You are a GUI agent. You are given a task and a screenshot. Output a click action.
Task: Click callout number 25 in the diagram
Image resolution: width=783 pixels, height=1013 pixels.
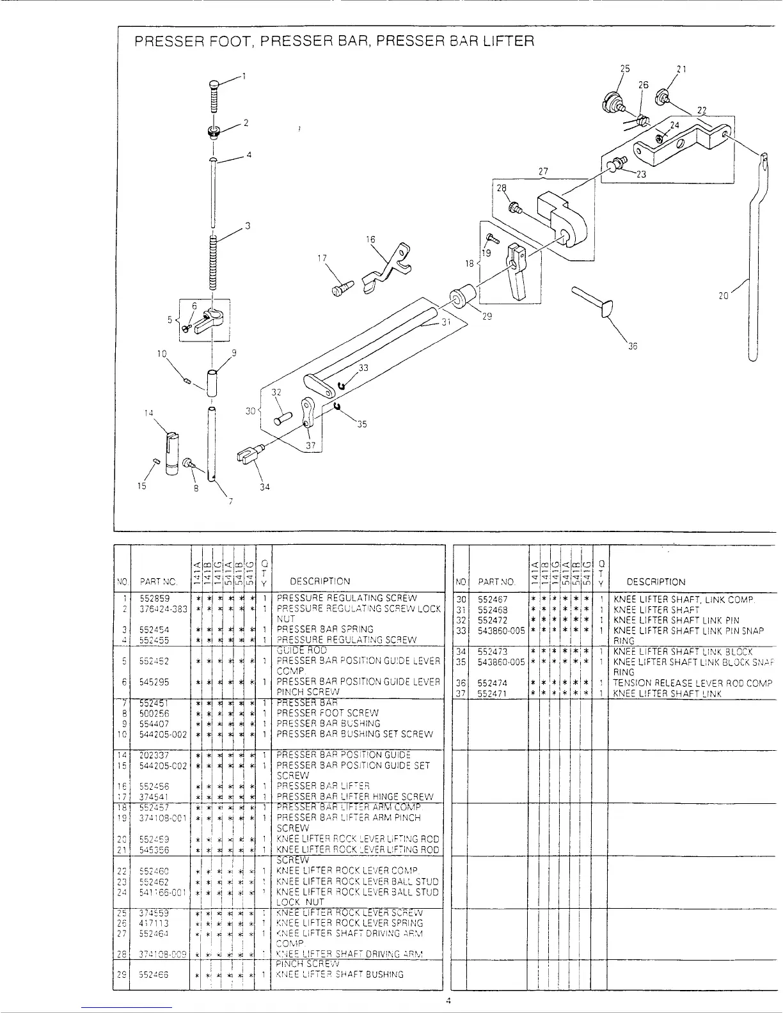pos(625,69)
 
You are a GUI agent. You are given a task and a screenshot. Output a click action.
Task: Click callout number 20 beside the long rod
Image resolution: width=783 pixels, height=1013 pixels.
pos(724,296)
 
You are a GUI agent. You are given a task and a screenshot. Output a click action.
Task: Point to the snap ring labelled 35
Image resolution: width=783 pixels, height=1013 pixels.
pos(336,407)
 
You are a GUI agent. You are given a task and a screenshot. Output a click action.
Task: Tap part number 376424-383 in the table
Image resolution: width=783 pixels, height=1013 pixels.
pos(163,609)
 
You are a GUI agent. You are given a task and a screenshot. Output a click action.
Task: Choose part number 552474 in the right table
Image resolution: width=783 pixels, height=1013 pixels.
pos(493,683)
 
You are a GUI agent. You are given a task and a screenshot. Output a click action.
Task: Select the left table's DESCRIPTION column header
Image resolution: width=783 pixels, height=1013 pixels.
pos(320,581)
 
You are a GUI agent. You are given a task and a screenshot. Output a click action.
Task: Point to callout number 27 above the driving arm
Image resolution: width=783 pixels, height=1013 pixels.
pos(543,171)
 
